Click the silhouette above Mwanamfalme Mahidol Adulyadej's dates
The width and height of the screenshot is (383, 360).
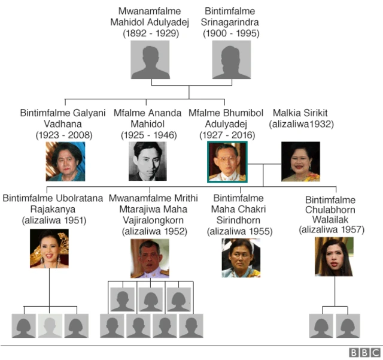coord(151,60)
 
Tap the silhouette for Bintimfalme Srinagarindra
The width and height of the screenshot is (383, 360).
coord(231,60)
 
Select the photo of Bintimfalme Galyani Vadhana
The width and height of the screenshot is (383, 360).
coord(65,161)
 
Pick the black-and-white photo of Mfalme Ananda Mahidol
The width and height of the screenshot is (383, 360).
coord(147,161)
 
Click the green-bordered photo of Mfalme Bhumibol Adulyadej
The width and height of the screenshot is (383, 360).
coord(226,161)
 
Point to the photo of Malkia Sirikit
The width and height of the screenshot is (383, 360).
coord(300,161)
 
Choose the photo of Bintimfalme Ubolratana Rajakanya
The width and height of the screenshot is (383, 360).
coord(49,249)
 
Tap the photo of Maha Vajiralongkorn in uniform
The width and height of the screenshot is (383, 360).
coord(150,258)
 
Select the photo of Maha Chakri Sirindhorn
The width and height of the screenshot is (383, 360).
coord(241,258)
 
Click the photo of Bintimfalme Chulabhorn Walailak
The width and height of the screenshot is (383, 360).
coord(334,256)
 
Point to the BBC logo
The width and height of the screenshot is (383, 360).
coord(365,353)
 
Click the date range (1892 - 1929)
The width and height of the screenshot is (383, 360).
coord(151,34)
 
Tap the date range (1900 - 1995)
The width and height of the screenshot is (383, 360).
coord(231,34)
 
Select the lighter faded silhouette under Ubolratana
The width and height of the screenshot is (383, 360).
coord(50,326)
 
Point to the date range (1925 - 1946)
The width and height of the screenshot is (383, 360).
coord(148,135)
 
